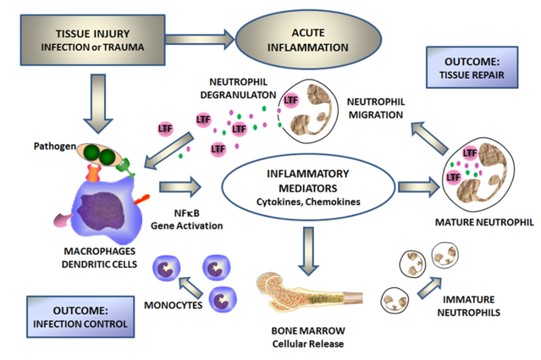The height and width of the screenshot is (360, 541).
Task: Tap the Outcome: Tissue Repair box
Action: click(x=476, y=69)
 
